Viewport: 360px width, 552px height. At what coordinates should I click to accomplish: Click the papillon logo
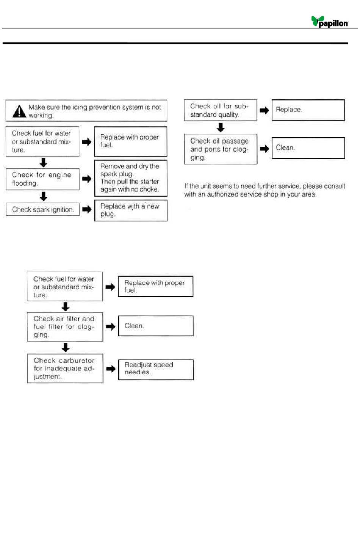329,22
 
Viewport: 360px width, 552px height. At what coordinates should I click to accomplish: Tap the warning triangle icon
19,111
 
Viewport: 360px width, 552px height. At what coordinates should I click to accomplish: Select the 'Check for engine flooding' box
43,179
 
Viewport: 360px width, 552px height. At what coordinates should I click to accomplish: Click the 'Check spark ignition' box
43,209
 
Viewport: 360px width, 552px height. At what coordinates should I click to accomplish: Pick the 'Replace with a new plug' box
131,210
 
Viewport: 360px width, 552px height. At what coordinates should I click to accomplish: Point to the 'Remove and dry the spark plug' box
131,178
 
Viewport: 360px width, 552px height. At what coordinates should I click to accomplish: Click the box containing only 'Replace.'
308,110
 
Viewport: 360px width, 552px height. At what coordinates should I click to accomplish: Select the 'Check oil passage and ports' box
221,149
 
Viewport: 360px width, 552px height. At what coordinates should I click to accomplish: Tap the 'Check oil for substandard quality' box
221,110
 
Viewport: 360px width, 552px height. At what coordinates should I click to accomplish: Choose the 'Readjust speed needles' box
156,370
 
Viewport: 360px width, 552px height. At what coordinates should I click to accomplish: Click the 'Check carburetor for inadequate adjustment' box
65,369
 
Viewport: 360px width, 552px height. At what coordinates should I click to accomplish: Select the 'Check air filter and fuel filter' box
65,327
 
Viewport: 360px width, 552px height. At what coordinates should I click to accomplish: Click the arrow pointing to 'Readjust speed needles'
111,369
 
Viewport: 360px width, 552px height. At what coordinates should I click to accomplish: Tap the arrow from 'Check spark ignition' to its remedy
87,209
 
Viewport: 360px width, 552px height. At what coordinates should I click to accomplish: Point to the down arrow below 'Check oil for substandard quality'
221,127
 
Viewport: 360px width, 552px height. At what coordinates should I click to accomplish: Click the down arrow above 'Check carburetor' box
66,347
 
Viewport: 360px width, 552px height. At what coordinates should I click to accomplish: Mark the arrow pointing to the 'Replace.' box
264,110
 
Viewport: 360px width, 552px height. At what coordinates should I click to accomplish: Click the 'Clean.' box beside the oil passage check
308,148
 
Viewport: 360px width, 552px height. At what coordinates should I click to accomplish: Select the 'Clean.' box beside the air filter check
156,326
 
